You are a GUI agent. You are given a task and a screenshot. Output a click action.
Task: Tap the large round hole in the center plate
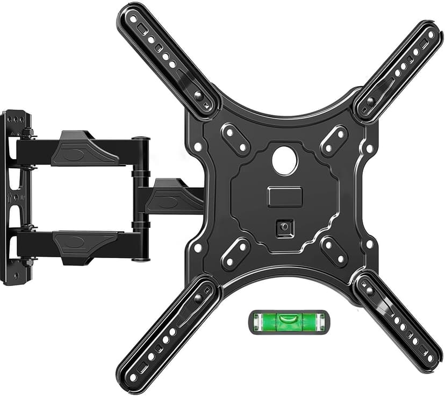(x=284, y=160)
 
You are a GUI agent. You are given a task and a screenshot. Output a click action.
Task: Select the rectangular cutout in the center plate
(x=284, y=196)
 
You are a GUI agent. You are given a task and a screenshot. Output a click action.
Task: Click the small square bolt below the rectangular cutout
(x=284, y=227)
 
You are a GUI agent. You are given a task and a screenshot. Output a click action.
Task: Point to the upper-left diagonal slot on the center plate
(x=235, y=140)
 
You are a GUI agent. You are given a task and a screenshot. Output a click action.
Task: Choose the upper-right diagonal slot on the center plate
(x=334, y=140)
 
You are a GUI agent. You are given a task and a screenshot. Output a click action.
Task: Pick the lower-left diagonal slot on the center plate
(x=235, y=253)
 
